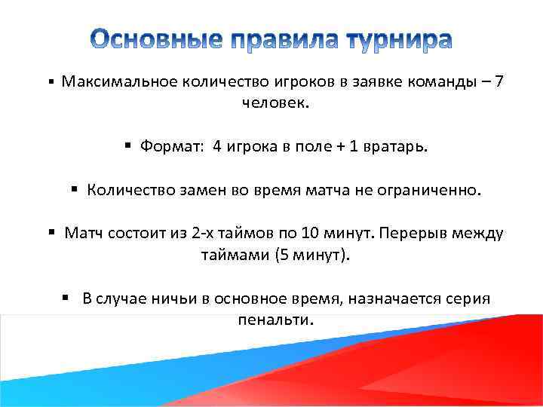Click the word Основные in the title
point(151,39)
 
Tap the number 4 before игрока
point(217,147)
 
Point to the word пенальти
point(274,319)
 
